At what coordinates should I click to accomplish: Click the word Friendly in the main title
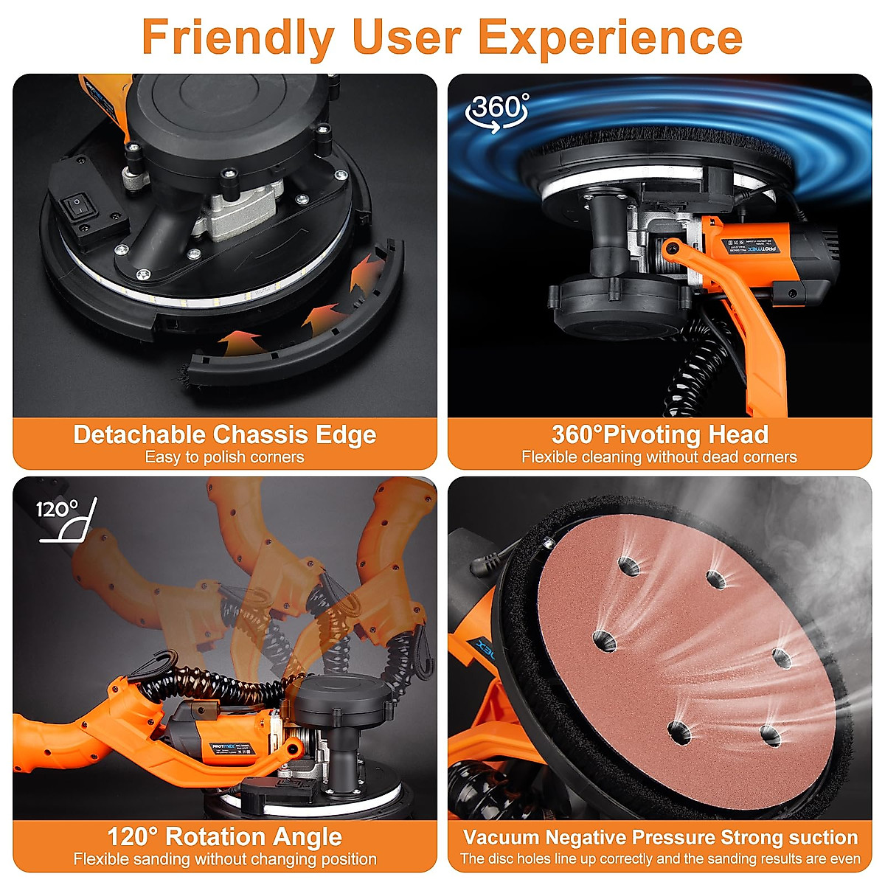237,37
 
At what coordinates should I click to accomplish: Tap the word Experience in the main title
624,37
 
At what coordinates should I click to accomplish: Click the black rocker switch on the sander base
77,206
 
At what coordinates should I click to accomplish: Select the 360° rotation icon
499,111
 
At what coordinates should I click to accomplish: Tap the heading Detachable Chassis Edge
224,434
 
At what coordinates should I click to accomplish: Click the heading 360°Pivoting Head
659,434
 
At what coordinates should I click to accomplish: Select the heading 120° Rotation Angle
224,836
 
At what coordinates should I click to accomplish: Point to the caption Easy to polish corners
224,457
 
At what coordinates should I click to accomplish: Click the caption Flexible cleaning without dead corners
659,457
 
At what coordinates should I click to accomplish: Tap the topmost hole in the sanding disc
628,567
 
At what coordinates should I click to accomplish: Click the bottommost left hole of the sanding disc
678,731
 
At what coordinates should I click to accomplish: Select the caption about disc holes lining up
659,859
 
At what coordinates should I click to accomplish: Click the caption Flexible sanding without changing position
224,859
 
